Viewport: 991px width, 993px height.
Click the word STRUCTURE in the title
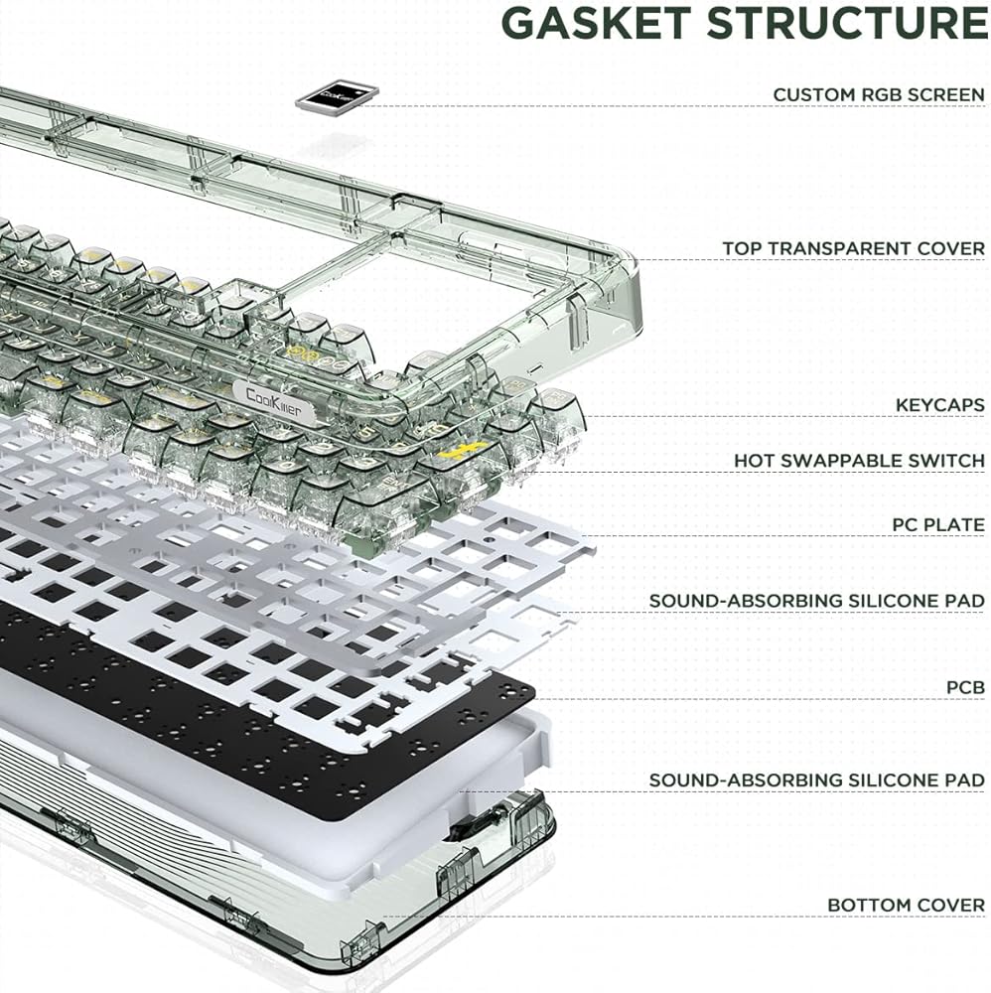click(x=848, y=24)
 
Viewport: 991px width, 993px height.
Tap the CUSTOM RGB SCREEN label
click(x=878, y=95)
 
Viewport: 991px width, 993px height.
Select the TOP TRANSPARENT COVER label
click(x=854, y=249)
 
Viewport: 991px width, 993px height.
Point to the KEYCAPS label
click(x=939, y=405)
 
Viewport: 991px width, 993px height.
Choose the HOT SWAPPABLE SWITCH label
click(x=859, y=461)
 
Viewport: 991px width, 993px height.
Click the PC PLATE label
click(x=938, y=525)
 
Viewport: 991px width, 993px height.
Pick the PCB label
click(x=965, y=688)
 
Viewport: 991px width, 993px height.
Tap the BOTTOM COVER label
click(x=906, y=906)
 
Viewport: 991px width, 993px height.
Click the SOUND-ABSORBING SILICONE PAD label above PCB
click(x=817, y=601)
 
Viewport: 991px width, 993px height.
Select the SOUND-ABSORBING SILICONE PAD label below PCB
click(x=817, y=780)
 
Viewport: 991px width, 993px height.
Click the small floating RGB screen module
click(x=337, y=96)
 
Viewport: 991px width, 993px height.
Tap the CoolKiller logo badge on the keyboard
click(x=274, y=400)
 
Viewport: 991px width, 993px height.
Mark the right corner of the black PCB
click(x=533, y=695)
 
